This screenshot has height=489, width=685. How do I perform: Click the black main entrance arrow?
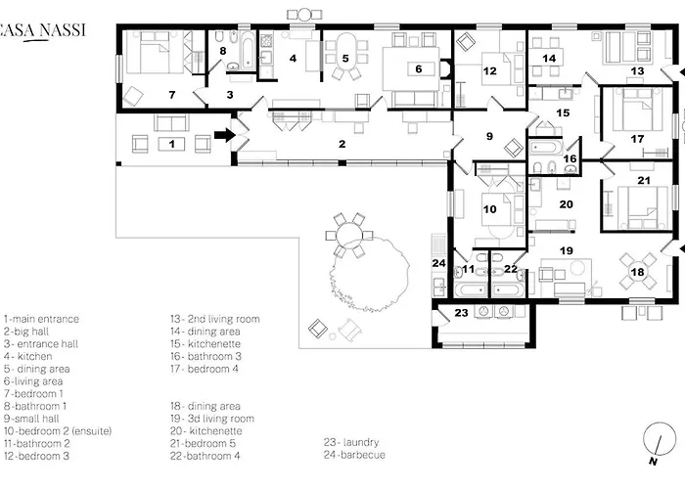[225, 135]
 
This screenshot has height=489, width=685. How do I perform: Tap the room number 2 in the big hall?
[342, 144]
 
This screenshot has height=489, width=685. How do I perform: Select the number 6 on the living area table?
[419, 69]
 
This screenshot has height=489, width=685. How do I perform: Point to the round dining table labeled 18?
[637, 272]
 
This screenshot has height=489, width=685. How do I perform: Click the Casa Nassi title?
[42, 31]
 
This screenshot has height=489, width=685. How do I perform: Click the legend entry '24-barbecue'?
[354, 455]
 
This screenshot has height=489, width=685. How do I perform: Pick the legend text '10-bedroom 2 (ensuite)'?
[58, 431]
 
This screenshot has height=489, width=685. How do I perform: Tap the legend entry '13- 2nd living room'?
[215, 319]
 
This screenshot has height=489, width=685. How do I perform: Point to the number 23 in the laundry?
[461, 313]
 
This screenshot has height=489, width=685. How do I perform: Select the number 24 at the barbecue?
[438, 263]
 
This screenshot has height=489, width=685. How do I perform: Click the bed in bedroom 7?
[154, 52]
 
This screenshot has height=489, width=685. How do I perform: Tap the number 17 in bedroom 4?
[637, 139]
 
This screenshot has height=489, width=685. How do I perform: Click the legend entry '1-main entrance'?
[41, 319]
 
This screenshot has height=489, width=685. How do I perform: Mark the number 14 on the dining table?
[549, 58]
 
